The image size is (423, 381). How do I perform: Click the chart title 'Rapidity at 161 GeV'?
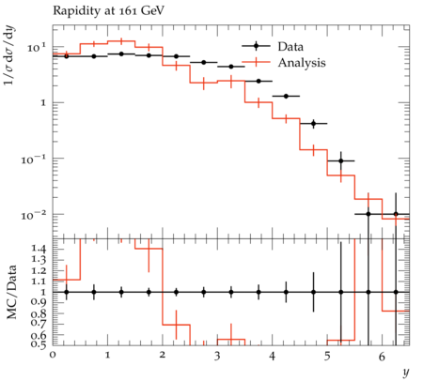(x=108, y=11)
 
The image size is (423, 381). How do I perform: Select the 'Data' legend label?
(x=290, y=47)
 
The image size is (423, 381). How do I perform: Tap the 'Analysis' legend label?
(x=302, y=63)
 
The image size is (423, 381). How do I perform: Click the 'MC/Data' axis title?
(x=11, y=292)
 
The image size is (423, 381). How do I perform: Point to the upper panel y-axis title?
(x=9, y=56)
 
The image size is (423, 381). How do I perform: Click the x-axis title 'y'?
(x=406, y=373)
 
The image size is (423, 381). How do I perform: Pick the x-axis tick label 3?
(x=217, y=357)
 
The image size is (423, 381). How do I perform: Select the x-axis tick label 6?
(x=382, y=357)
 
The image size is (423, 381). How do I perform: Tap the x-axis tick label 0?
(x=53, y=357)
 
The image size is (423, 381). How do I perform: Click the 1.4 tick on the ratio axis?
(x=38, y=249)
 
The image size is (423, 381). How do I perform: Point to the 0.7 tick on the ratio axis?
(x=38, y=324)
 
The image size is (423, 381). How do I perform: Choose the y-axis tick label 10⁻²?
(x=34, y=214)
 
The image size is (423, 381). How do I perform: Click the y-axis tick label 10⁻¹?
(x=34, y=159)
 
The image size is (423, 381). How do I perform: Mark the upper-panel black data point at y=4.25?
(x=286, y=97)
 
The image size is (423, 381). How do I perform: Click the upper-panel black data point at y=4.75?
(x=313, y=124)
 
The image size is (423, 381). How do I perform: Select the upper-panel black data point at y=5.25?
(x=341, y=160)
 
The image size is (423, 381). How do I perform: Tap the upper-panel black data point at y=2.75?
(x=204, y=63)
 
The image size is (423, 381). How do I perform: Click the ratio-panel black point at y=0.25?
(x=67, y=292)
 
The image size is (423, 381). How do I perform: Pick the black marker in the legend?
(x=256, y=46)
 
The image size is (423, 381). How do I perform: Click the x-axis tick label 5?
(x=327, y=357)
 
